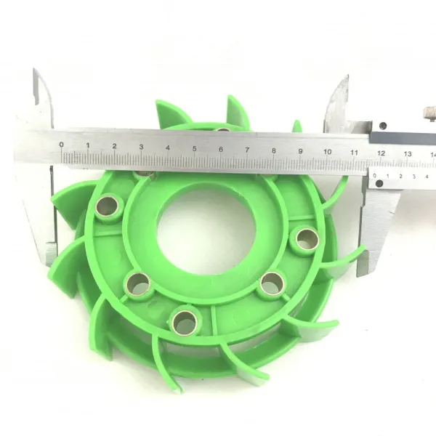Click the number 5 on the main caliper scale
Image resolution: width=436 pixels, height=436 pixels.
click(194, 149)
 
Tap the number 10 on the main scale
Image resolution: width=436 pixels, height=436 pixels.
click(327, 152)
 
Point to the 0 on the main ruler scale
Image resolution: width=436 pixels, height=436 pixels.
click(62, 145)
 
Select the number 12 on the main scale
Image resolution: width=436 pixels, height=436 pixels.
click(381, 153)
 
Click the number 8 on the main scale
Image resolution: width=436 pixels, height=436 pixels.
click(274, 150)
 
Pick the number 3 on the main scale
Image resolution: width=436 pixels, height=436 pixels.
click(141, 147)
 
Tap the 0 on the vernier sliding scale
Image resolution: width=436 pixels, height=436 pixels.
click(374, 175)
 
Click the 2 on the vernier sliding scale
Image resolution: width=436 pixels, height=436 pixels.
click(400, 176)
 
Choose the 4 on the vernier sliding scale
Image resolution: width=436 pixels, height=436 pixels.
click(427, 177)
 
